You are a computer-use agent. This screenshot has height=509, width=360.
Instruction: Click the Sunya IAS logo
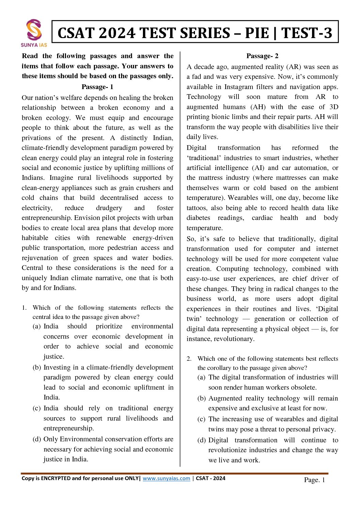point(34,33)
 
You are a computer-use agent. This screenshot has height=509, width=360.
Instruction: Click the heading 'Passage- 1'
point(97,87)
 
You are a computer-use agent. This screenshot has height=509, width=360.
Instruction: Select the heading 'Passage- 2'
point(262,56)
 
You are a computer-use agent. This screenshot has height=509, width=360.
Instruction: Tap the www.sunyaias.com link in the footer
point(166,478)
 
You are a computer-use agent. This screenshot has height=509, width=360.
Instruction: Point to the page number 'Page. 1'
point(314,480)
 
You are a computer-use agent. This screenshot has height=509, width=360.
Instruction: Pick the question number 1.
point(24,308)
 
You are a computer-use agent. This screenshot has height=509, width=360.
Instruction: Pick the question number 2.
point(189,359)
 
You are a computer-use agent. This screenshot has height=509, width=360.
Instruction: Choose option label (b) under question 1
point(37,368)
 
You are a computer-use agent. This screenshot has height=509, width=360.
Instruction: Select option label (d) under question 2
point(201,440)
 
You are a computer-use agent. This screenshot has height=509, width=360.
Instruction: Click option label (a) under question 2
point(201,377)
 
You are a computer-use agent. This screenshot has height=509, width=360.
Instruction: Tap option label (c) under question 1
point(37,408)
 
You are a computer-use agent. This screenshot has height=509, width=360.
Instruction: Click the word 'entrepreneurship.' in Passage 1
point(47,218)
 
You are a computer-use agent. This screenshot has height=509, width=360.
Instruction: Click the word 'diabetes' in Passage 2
point(198,218)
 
